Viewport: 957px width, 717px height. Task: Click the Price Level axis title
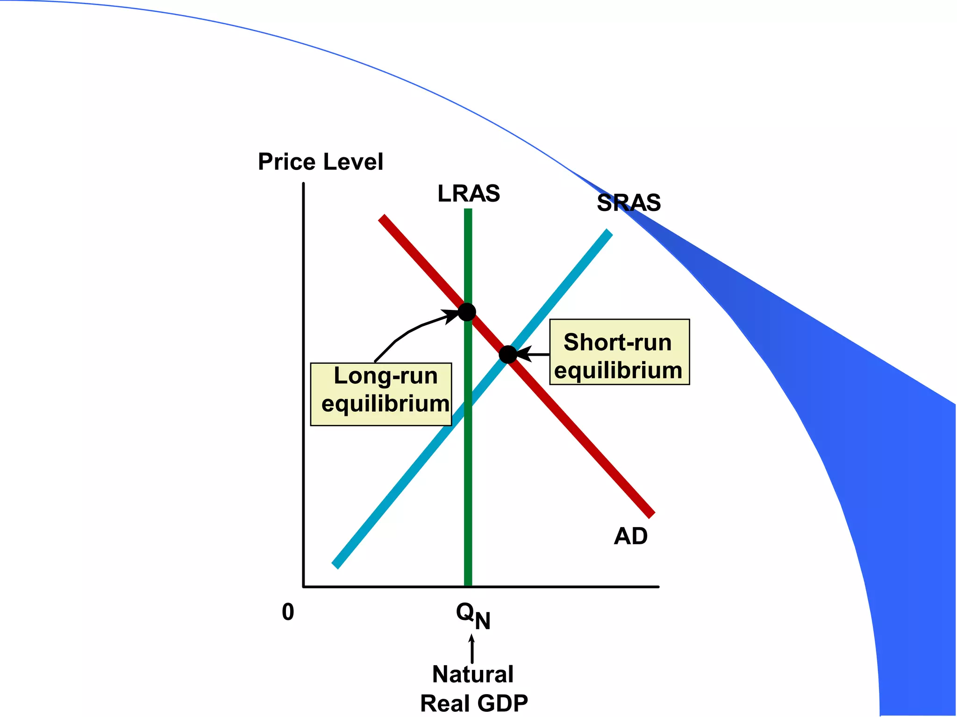(x=320, y=162)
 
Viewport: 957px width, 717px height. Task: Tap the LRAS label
(x=468, y=193)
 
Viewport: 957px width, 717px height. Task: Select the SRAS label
(x=628, y=203)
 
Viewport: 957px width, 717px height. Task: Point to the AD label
(x=630, y=536)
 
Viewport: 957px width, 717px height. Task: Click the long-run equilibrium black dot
(x=467, y=311)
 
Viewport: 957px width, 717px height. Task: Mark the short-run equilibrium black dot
(x=508, y=355)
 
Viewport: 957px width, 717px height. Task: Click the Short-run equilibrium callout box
(x=619, y=352)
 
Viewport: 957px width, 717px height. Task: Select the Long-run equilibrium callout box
(x=381, y=394)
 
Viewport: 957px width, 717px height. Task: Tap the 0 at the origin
(x=288, y=612)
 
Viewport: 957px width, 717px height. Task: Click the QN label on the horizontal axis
(x=472, y=615)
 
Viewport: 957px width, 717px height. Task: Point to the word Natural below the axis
(x=472, y=674)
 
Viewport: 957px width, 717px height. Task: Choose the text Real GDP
(x=473, y=703)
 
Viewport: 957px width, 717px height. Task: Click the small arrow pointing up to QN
(x=472, y=649)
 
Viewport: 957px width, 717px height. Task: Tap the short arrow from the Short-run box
(x=533, y=354)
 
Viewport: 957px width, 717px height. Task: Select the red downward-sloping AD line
(x=584, y=439)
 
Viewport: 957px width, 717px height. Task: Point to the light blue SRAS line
(x=397, y=490)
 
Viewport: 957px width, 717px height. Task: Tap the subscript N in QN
(x=483, y=621)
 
